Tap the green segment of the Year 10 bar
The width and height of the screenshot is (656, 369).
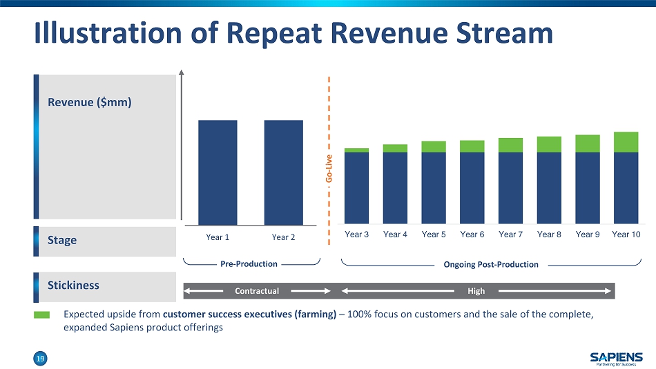(x=626, y=142)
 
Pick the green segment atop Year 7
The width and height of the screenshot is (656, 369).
(x=510, y=145)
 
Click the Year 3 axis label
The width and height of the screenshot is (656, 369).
(x=356, y=235)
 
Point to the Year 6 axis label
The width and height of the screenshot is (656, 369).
(x=472, y=235)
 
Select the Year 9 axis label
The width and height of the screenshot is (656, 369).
(x=587, y=235)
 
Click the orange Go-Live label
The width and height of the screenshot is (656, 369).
(x=329, y=169)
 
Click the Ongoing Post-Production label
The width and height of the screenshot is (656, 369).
(x=491, y=264)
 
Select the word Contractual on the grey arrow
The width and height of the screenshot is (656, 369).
(x=257, y=291)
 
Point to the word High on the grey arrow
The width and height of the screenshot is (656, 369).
(x=476, y=291)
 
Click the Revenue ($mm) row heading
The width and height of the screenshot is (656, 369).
(x=90, y=102)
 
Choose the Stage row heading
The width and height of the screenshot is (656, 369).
(x=62, y=240)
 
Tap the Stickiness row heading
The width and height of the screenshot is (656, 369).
(x=73, y=285)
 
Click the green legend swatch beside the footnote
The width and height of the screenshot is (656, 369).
(x=42, y=315)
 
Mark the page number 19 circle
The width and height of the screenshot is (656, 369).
(x=41, y=358)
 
